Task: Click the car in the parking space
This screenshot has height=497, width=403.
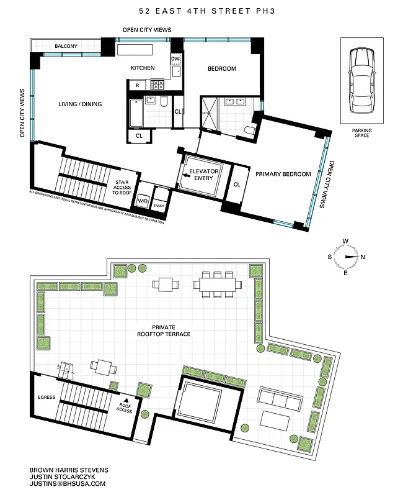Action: [361, 81]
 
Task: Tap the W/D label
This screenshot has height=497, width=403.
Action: [143, 201]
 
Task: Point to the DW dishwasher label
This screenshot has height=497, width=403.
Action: [175, 59]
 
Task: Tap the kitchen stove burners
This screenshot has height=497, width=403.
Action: [157, 85]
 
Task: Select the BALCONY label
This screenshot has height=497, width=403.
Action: [66, 47]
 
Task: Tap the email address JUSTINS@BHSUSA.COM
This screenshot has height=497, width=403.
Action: [68, 483]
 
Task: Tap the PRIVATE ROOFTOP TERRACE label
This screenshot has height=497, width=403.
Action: [164, 331]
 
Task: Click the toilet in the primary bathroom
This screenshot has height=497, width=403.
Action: [249, 130]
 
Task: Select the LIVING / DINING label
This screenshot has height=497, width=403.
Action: [80, 104]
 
